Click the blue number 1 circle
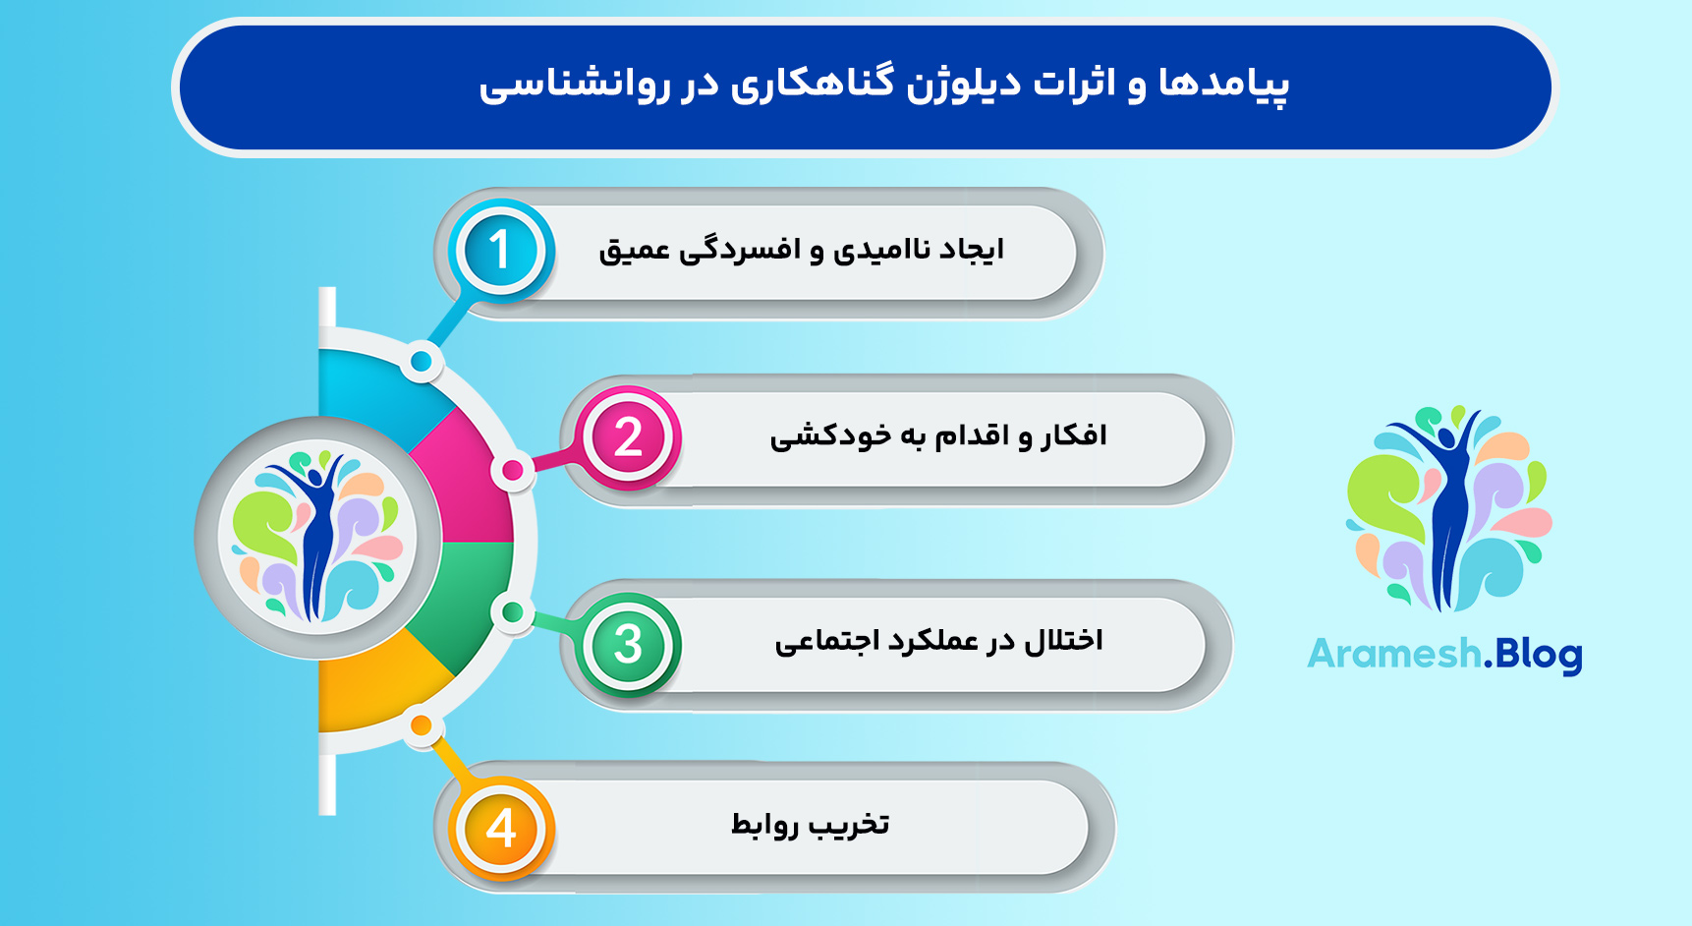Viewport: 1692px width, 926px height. point(500,250)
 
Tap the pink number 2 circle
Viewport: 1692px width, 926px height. point(629,437)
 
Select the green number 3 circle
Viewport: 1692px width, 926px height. point(629,645)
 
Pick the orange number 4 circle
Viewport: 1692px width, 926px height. point(501,828)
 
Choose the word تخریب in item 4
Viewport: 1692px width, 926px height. point(849,825)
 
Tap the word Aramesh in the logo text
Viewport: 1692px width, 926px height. point(1394,654)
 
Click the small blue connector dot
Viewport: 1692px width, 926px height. point(422,362)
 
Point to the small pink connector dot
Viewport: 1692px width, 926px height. point(513,471)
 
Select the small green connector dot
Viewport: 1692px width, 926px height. point(512,613)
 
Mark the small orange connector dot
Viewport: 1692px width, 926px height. point(422,726)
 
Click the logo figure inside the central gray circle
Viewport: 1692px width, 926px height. point(317,537)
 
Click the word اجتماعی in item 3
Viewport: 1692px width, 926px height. point(826,642)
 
